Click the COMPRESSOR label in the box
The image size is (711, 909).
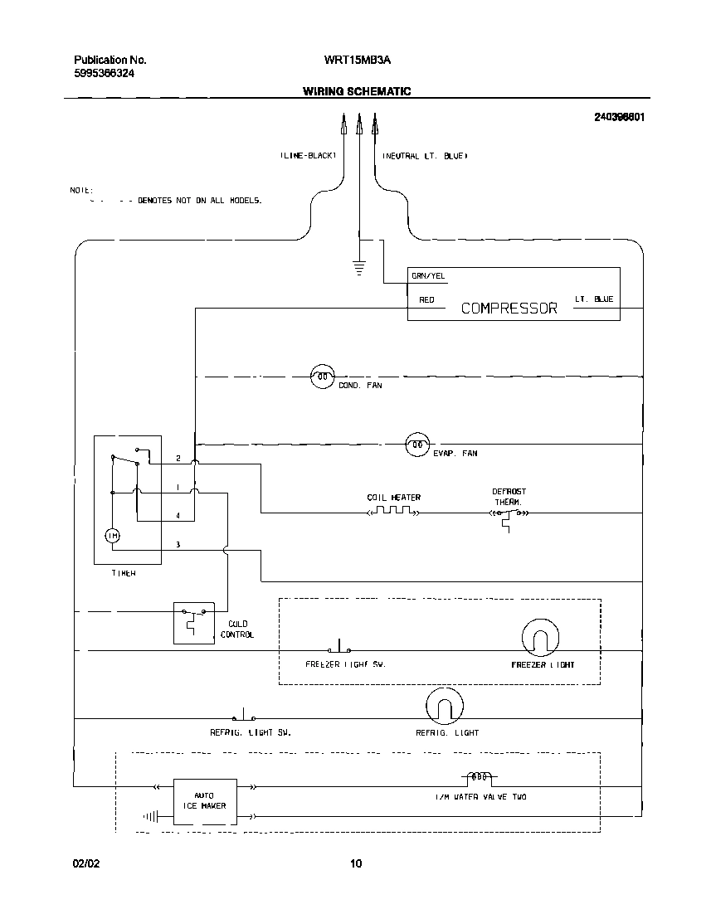pos(509,308)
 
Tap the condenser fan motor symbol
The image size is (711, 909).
pos(322,377)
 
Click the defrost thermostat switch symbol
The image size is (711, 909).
pos(508,515)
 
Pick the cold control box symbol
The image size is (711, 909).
pos(193,622)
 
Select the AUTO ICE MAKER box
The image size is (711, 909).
pos(204,800)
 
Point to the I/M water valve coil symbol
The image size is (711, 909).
pos(478,779)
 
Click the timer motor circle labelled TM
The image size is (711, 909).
pos(114,537)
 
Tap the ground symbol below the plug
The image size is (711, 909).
pos(359,266)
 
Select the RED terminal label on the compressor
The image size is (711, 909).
pos(426,299)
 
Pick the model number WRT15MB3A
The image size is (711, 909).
pos(357,60)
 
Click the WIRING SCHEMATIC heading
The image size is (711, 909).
pos(356,91)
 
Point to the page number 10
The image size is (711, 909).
pos(355,863)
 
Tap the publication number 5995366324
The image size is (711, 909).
pos(105,73)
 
